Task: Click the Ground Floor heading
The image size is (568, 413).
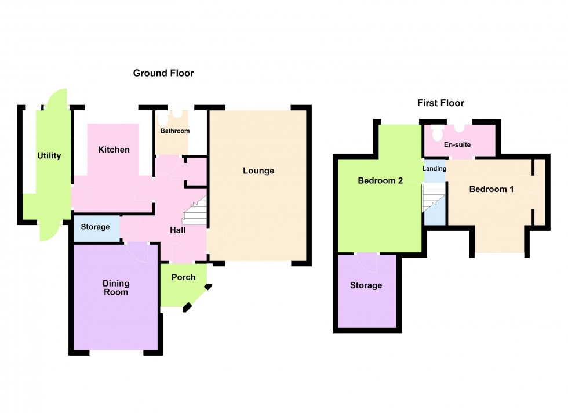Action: [163, 73]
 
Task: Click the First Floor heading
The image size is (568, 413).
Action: [440, 103]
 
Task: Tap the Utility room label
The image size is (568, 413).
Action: [49, 155]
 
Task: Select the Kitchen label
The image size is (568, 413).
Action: [114, 150]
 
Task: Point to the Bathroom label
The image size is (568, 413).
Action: [175, 131]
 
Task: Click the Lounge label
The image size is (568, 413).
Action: [258, 171]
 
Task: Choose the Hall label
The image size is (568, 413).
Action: [177, 230]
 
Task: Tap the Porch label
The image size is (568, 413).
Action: [183, 277]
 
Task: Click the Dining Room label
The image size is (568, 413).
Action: [116, 288]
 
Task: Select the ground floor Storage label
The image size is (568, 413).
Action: [95, 227]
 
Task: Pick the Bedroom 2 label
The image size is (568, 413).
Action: [380, 180]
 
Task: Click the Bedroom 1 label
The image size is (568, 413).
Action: [491, 189]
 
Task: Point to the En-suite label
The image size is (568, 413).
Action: [456, 144]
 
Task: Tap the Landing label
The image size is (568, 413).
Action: [435, 169]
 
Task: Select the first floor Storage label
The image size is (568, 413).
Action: [366, 285]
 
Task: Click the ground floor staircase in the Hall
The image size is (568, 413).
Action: [196, 212]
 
